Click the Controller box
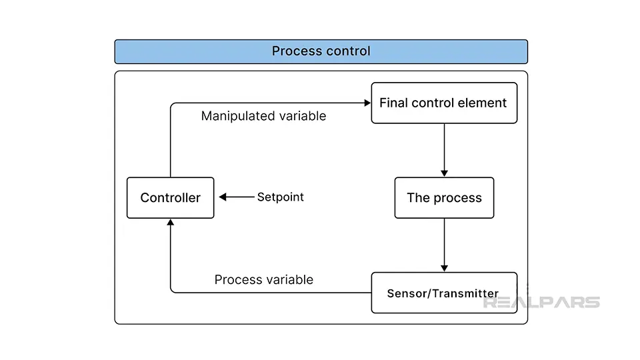point(170,197)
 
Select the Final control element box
point(444,103)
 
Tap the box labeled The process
point(444,197)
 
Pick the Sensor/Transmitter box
point(444,293)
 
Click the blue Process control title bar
point(321,51)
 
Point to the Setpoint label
point(281,197)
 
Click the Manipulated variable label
point(264,116)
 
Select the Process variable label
point(264,279)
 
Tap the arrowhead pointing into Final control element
point(367,103)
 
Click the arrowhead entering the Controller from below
point(171,223)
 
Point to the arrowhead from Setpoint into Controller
point(223,197)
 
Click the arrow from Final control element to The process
point(444,150)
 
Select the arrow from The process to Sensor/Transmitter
point(444,245)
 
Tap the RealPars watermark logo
point(541,302)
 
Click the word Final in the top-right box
point(393,103)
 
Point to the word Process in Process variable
point(238,279)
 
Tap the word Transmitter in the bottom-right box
point(465,293)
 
